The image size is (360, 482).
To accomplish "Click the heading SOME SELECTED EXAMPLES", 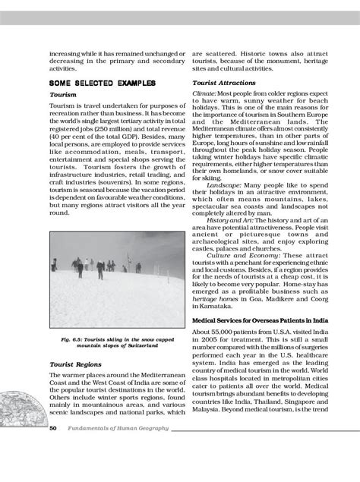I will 102,82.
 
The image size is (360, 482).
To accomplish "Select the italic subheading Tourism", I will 63,95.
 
